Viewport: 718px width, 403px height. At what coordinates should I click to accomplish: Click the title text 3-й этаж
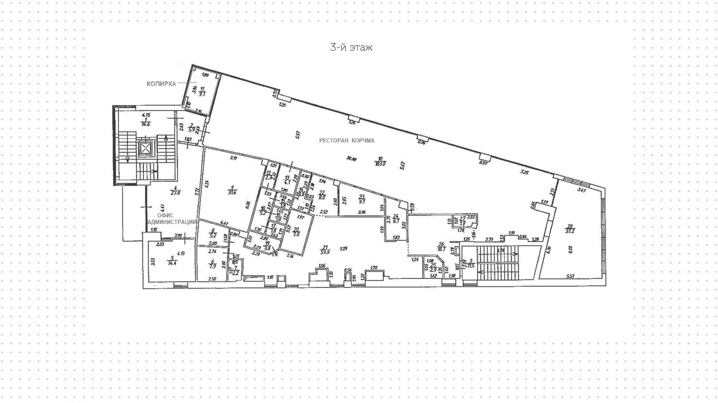[351, 47]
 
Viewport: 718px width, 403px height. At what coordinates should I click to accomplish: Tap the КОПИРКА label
[161, 84]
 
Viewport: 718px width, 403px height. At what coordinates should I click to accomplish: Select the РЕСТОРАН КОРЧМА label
[347, 141]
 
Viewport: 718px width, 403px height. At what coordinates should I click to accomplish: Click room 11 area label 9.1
[202, 94]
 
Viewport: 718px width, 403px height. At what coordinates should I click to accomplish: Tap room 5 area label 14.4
[172, 263]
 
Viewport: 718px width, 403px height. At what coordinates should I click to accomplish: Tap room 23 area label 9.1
[362, 201]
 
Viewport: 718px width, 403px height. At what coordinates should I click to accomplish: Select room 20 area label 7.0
[296, 234]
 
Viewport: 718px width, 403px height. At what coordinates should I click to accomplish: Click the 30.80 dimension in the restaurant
[351, 159]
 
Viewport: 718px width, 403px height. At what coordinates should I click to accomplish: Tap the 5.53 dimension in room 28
[570, 276]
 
